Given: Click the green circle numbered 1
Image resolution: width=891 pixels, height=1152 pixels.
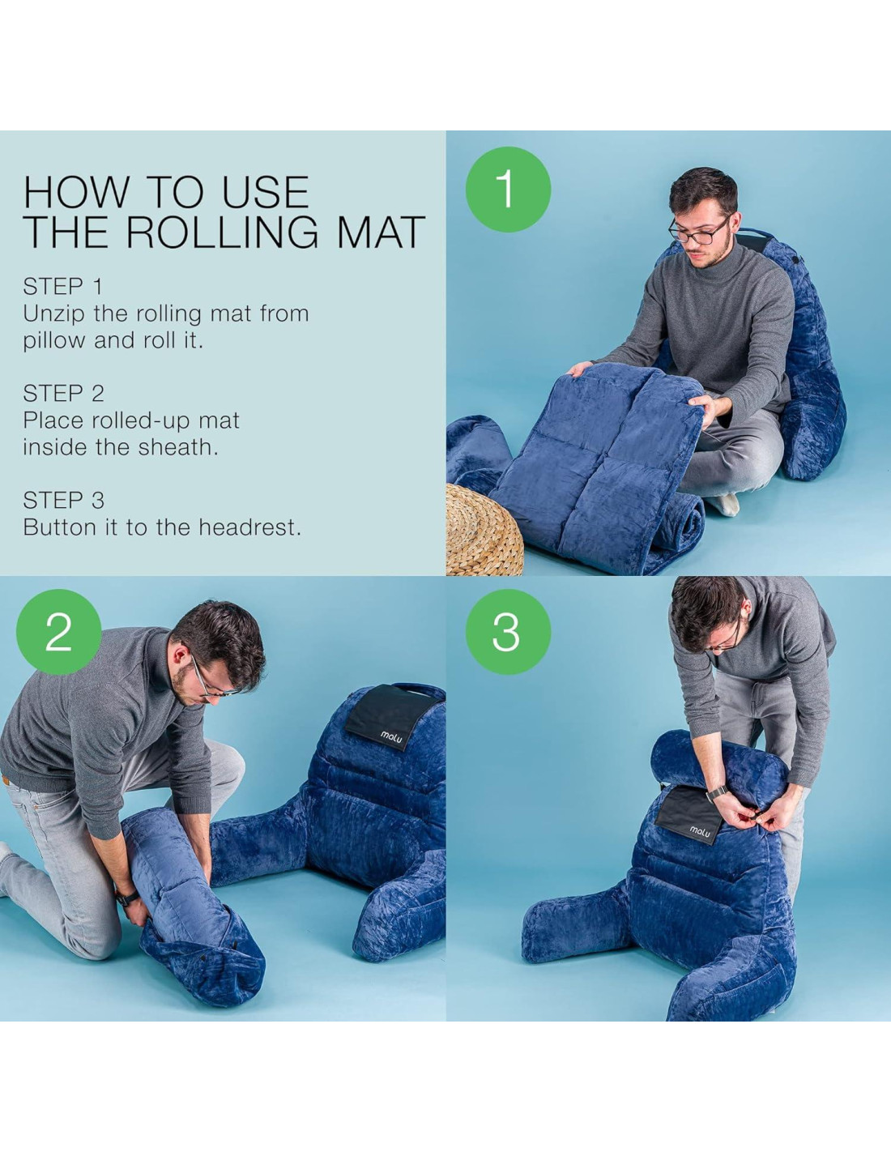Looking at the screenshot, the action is pos(508,190).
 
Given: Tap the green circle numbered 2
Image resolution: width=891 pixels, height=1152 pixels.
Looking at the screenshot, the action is pos(59,631).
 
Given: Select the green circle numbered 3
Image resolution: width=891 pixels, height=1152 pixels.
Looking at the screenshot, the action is pos(508,631).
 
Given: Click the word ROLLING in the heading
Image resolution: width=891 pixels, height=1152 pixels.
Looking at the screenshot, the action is pos(222,232).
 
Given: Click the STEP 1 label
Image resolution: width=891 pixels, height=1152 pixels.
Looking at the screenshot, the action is pos(62,287).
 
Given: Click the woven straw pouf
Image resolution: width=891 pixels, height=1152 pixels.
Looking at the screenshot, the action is pos(484,530).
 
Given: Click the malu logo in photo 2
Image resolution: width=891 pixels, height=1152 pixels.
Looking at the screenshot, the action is pos(390,735).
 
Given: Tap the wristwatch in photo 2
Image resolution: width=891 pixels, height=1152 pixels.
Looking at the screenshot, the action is pos(126,898).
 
